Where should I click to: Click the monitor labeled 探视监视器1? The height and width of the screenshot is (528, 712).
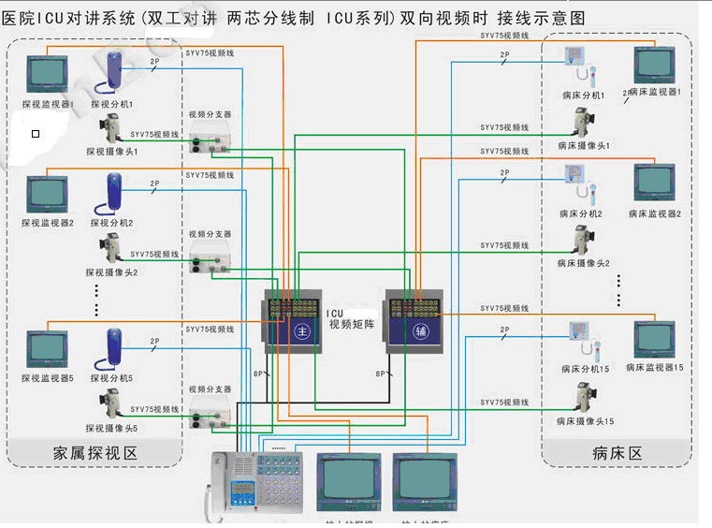(47, 76)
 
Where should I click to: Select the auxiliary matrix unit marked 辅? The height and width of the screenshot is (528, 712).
(414, 320)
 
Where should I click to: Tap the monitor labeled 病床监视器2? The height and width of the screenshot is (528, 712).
(653, 184)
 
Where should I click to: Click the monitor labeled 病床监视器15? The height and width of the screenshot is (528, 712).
(653, 341)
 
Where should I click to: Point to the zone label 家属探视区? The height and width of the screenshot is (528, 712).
(96, 453)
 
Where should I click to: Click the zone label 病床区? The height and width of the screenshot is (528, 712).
(618, 453)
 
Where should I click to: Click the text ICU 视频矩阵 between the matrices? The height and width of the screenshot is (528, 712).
(351, 319)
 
